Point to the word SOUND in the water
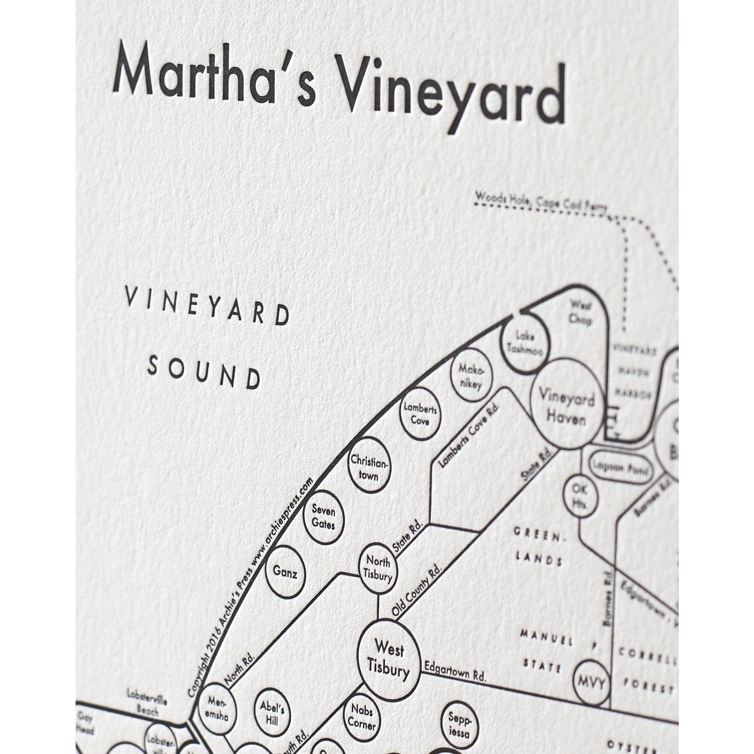tap(204, 373)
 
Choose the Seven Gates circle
tap(324, 517)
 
